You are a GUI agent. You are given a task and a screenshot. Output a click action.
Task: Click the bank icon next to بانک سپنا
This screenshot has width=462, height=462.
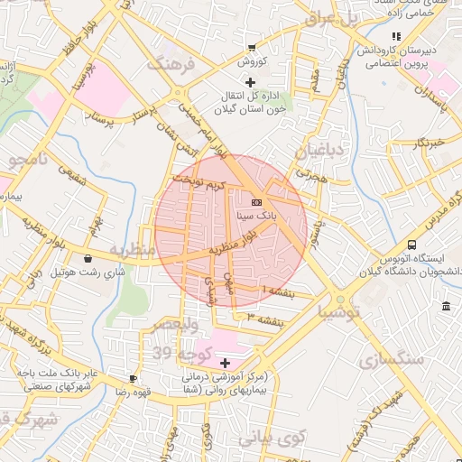(x=256, y=202)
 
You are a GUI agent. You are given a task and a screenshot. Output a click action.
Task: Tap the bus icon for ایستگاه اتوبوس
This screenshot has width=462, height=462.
(x=412, y=245)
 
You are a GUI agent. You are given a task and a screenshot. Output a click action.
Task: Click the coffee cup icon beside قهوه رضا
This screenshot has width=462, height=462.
(x=133, y=378)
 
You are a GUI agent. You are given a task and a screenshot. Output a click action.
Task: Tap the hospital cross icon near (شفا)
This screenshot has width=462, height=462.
(x=225, y=362)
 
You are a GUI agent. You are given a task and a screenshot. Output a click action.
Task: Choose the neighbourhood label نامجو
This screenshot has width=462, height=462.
(x=32, y=162)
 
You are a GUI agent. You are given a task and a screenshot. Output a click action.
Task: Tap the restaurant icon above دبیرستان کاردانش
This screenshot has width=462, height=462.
(x=394, y=36)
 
